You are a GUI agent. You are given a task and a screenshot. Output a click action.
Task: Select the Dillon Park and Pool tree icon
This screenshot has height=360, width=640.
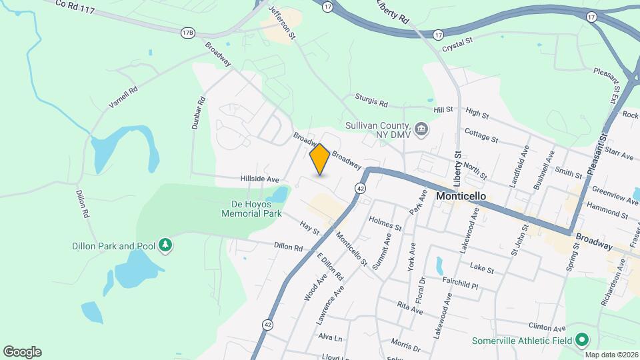(165, 246)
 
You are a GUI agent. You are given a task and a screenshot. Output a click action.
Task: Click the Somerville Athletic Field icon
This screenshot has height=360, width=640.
(582, 341)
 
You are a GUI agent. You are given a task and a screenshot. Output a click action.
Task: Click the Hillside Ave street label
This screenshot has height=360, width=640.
(259, 179)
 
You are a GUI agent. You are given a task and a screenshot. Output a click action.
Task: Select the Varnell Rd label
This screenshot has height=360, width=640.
(123, 97)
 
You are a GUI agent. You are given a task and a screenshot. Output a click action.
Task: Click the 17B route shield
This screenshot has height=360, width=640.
(188, 32)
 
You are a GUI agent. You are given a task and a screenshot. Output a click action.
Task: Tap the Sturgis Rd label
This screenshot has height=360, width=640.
(371, 100)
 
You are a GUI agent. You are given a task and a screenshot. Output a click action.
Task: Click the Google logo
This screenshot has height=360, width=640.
(22, 351)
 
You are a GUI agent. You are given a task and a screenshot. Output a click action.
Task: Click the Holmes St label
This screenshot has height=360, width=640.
(385, 227)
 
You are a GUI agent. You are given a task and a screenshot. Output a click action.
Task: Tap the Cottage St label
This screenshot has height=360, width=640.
(481, 136)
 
